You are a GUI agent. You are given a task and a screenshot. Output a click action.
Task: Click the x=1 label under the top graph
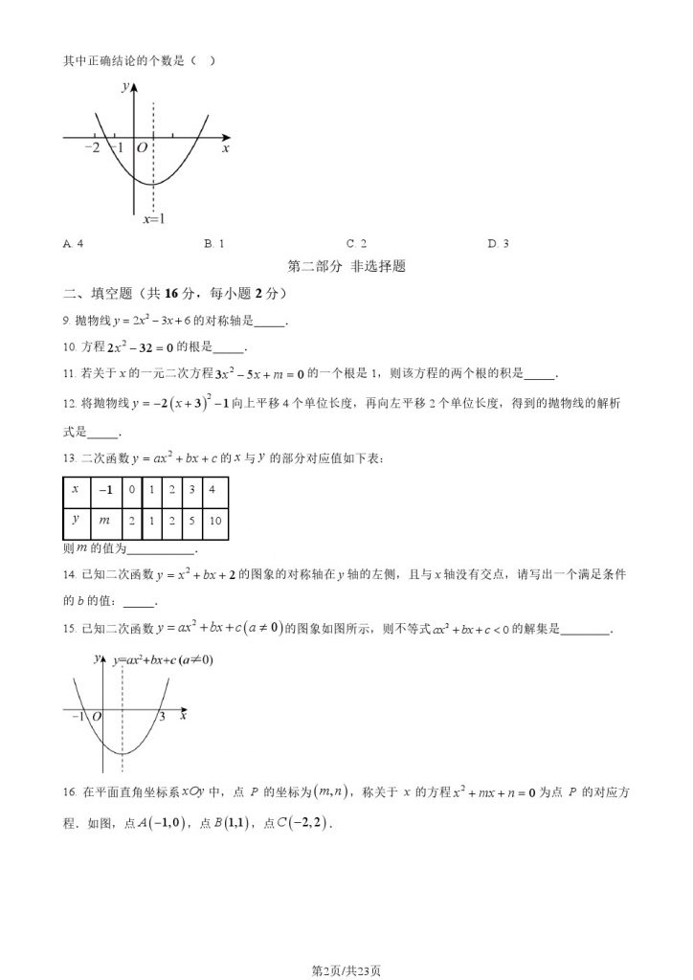coord(154,219)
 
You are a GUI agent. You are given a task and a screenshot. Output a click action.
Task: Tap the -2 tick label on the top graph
coord(93,148)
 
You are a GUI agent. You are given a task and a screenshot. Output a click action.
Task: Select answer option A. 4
coord(73,244)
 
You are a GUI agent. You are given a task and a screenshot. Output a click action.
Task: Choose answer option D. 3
coord(498,244)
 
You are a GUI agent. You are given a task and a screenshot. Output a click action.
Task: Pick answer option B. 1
coord(214,244)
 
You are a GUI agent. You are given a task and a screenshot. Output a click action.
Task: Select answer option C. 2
coord(357,244)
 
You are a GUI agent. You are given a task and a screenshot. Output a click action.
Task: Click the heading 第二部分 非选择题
coord(346,268)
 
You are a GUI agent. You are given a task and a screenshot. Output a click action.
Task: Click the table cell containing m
coord(104,519)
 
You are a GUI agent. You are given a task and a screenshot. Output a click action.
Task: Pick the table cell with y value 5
coord(191,519)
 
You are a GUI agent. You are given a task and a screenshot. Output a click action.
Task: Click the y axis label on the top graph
coord(125,87)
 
